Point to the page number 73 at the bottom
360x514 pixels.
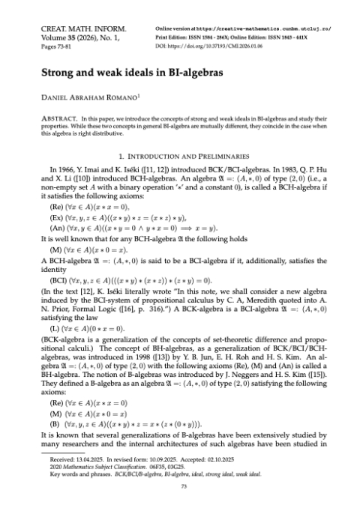click(180, 501)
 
